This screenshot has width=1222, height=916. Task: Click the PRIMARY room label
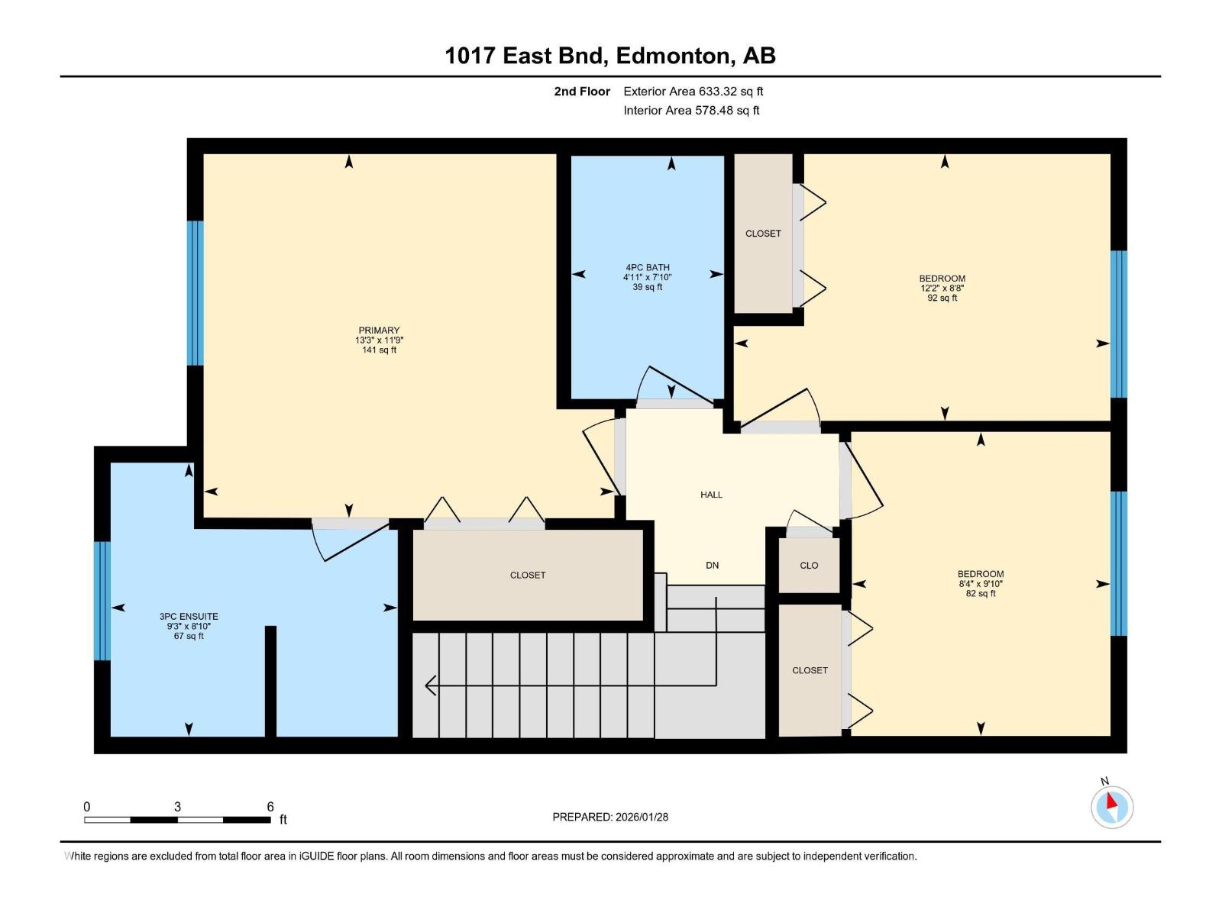click(379, 331)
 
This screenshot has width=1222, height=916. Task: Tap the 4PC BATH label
click(648, 268)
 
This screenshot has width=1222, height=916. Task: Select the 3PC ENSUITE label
click(189, 617)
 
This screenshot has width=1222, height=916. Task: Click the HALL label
click(711, 495)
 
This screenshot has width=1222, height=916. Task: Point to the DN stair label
click(712, 566)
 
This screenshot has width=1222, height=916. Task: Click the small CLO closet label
click(809, 566)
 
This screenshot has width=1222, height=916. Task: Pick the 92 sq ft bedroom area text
click(942, 298)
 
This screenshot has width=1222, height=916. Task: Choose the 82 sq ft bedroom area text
click(981, 594)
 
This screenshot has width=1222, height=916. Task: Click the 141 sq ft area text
click(379, 350)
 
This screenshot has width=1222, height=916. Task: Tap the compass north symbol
click(1111, 805)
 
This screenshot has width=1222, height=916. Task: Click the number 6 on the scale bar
click(270, 807)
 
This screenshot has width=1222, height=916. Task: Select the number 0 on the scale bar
click(87, 807)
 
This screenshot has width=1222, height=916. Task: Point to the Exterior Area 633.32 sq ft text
click(693, 92)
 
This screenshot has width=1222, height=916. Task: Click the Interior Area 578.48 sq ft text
click(691, 111)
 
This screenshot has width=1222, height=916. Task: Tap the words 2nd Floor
click(582, 92)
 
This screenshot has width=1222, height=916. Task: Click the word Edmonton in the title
click(672, 56)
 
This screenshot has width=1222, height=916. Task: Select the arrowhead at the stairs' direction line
click(430, 685)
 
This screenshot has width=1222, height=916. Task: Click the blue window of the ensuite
click(102, 601)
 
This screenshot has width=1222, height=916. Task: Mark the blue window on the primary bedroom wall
click(196, 293)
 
